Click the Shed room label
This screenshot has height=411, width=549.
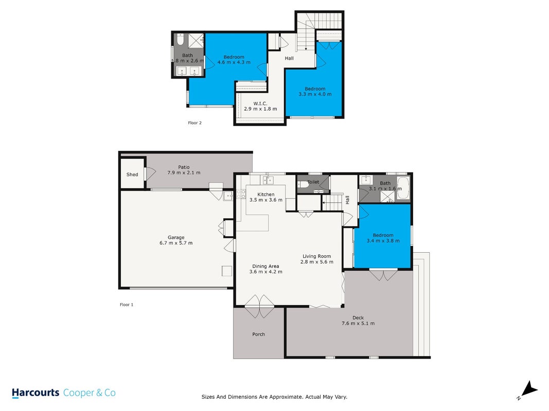tap(132, 174)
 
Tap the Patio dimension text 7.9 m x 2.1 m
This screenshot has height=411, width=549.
tap(184, 173)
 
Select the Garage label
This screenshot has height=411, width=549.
tap(176, 237)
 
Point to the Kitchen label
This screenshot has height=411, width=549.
tap(265, 194)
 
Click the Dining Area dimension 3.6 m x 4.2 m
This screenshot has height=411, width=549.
tap(265, 272)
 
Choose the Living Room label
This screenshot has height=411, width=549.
tap(316, 256)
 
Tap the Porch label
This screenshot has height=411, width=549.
tap(258, 334)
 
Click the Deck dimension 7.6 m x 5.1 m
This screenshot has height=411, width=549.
tap(358, 323)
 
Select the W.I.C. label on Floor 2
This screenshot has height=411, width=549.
tap(260, 103)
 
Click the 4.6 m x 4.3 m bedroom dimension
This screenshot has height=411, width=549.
tap(234, 62)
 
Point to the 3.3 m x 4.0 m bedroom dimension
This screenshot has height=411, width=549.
tap(315, 94)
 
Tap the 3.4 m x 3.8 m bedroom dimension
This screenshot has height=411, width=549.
tap(383, 240)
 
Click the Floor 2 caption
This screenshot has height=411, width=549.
tap(194, 123)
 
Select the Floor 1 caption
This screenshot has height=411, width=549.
tap(127, 305)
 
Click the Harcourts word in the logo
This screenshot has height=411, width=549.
tap(36, 393)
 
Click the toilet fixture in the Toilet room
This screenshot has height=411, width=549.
tap(303, 184)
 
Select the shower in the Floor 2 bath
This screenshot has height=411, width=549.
tap(196, 41)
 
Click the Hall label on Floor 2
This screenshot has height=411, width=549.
tap(289, 59)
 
